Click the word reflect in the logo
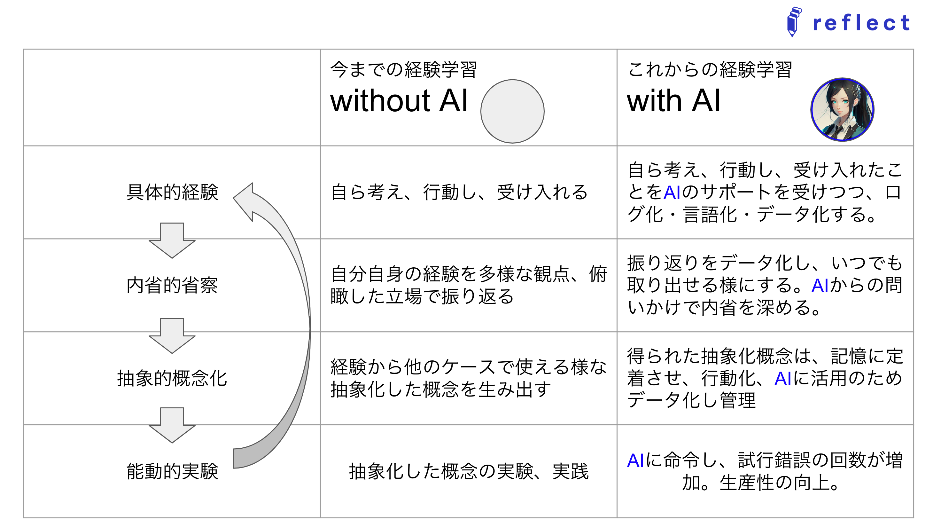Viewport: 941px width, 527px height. (x=861, y=23)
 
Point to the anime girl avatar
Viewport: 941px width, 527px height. (x=842, y=109)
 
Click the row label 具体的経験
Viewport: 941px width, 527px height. (x=172, y=192)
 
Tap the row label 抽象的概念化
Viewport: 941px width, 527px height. (x=172, y=378)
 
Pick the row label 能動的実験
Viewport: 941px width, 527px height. (x=172, y=471)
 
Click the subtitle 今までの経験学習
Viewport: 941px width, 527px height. (x=403, y=69)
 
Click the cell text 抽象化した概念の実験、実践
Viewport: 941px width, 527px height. (x=469, y=471)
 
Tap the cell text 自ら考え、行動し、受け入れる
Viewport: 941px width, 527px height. (x=459, y=192)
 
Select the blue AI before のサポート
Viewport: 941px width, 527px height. (x=672, y=192)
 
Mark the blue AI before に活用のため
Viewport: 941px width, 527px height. (x=783, y=379)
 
